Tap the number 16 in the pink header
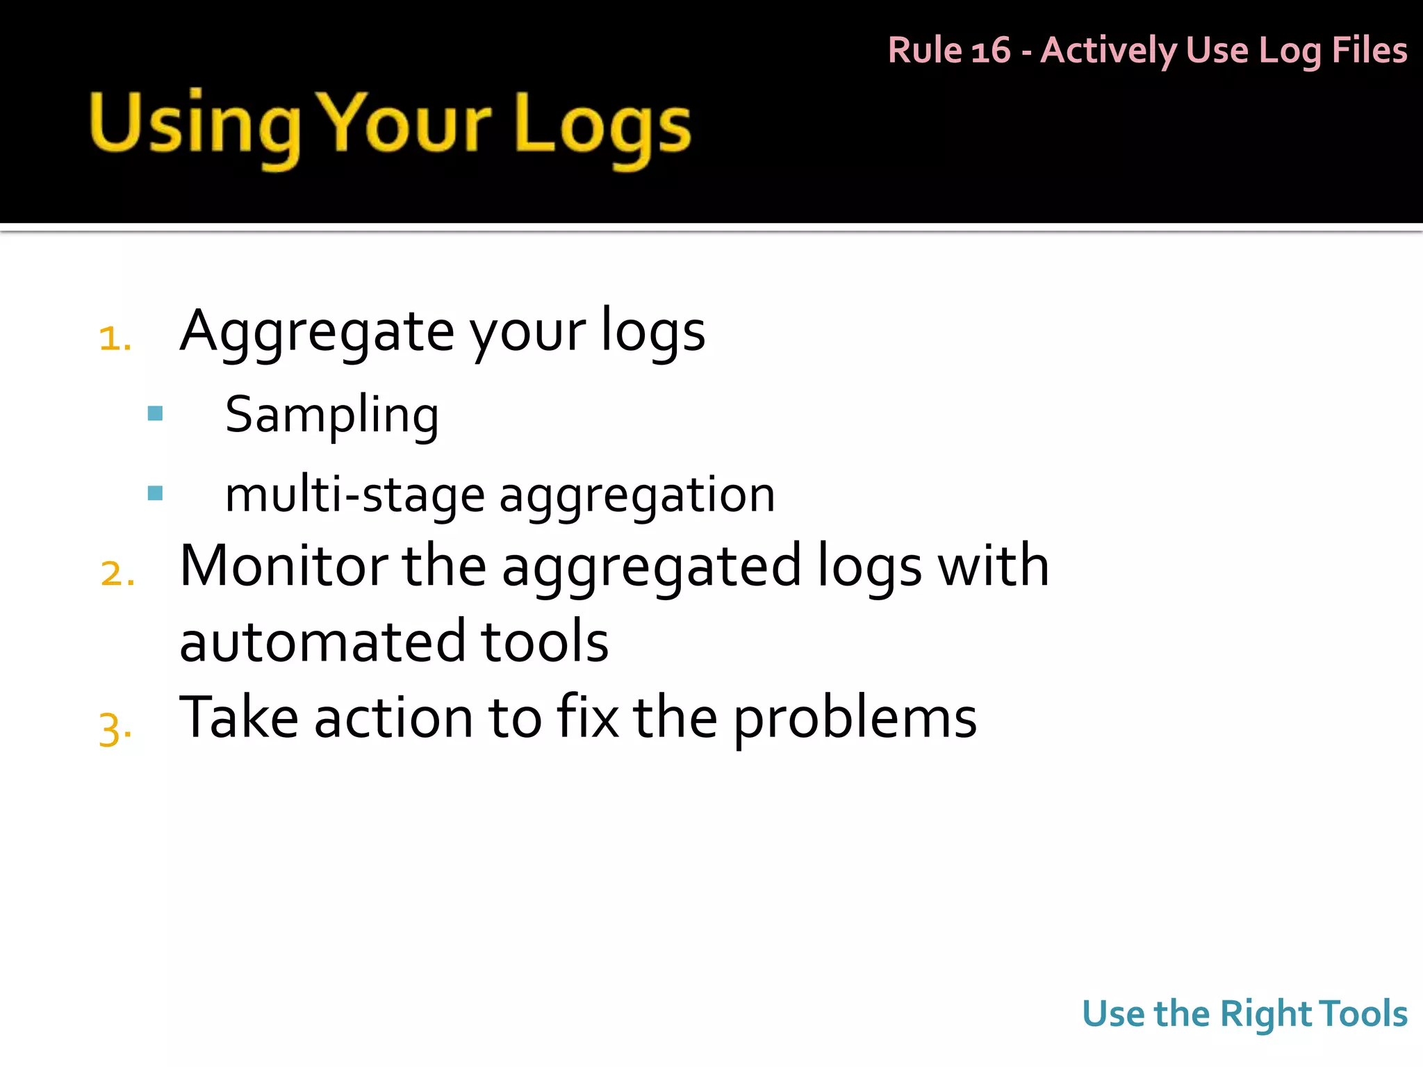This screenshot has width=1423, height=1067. click(990, 51)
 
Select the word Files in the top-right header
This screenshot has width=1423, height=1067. click(1369, 51)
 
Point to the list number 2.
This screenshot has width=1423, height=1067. click(117, 574)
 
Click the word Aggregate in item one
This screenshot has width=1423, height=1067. click(317, 332)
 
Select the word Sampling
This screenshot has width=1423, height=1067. click(332, 415)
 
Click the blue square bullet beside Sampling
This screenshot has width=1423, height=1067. click(156, 414)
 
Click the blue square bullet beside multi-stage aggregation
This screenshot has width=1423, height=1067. click(156, 493)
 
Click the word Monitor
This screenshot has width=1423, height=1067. click(283, 566)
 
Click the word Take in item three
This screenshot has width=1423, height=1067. click(239, 718)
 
